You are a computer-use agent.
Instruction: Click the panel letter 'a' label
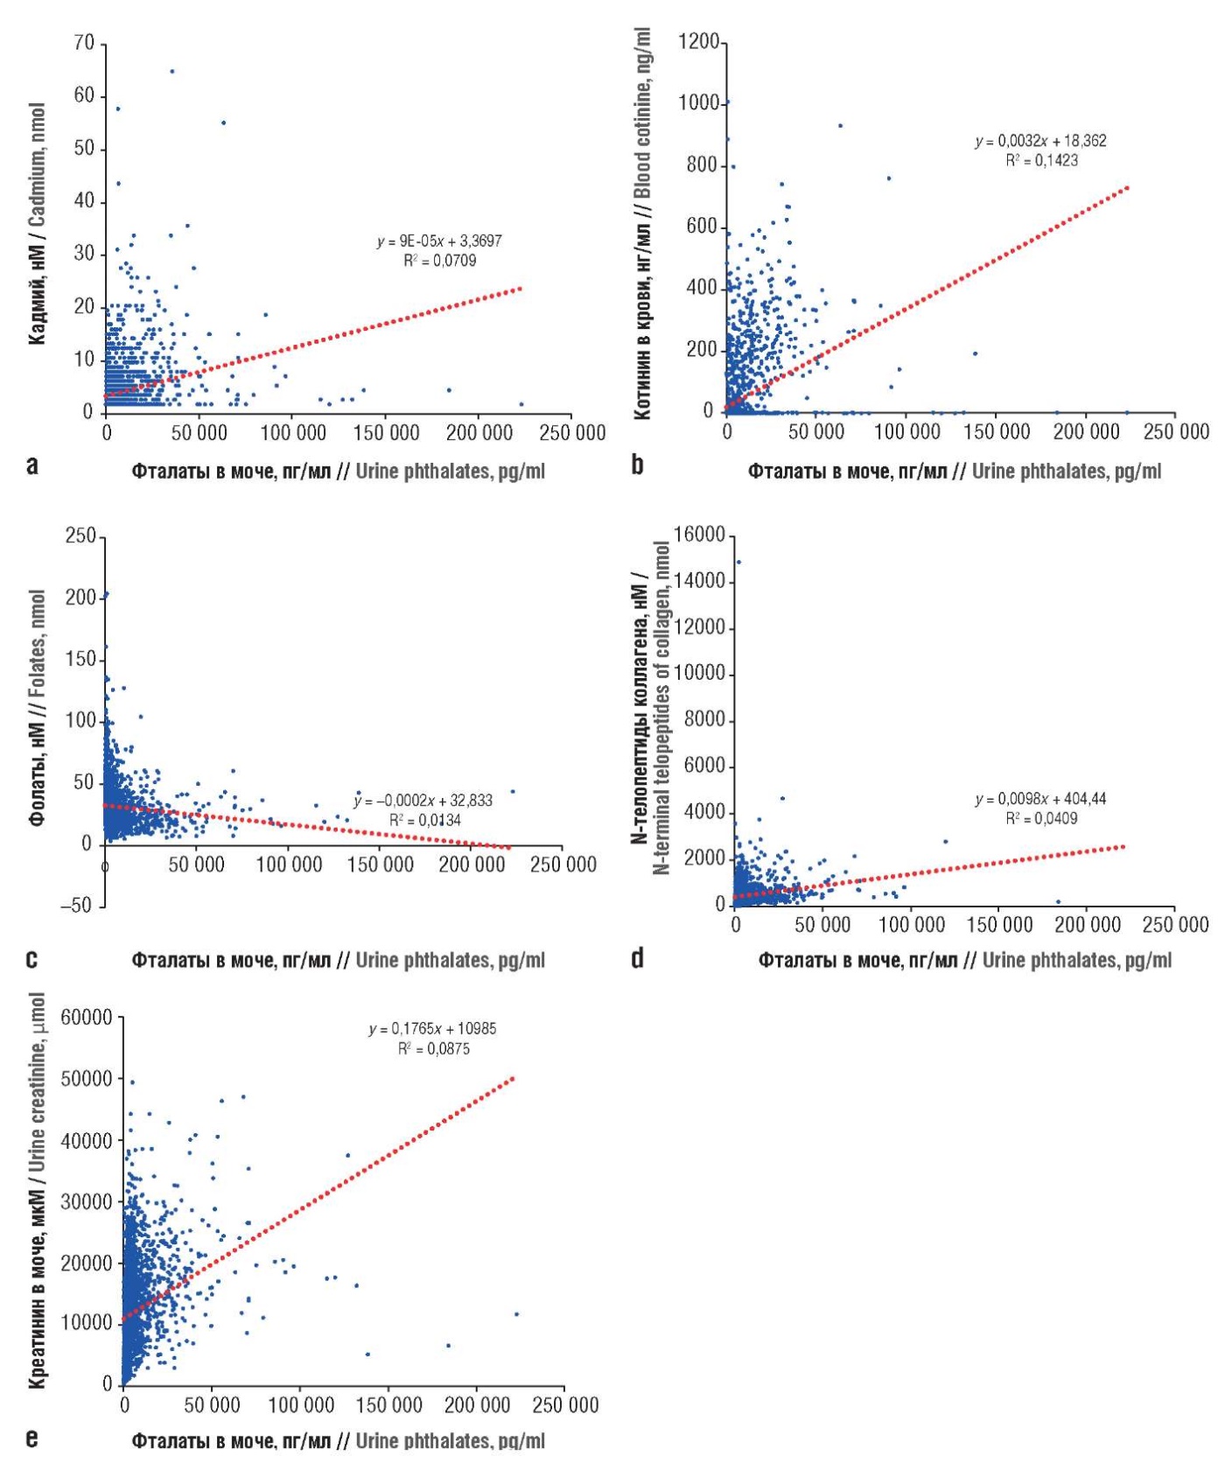(32, 465)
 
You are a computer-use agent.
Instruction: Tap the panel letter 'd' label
(637, 958)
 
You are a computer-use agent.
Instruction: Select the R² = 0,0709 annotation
(440, 260)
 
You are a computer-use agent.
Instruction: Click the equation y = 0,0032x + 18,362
(1041, 141)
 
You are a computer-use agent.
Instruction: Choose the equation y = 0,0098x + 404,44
(1041, 799)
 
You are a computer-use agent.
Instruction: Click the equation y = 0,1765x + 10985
(432, 1029)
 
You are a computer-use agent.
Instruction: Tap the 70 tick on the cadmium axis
(84, 43)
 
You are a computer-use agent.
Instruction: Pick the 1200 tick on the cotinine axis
(698, 42)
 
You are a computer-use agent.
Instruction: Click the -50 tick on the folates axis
(76, 906)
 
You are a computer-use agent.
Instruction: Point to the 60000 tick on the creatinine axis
(87, 1018)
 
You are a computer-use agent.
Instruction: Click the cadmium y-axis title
(37, 223)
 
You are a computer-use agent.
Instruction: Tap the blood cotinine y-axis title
(644, 223)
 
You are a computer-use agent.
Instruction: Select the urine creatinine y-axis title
(37, 1191)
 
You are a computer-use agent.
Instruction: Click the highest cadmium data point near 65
(172, 72)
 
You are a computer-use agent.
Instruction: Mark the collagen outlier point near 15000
(738, 562)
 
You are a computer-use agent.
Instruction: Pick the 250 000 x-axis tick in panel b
(1176, 431)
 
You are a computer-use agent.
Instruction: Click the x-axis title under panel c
(339, 960)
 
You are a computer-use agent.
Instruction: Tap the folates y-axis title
(37, 708)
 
